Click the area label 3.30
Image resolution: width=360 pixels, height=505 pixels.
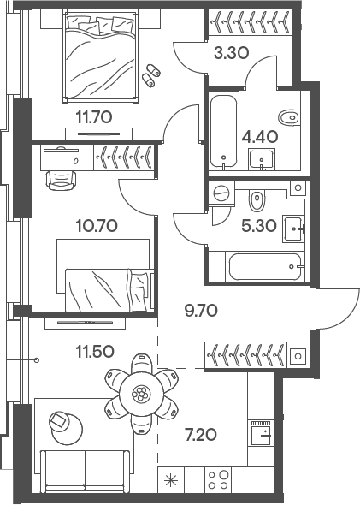(x=230, y=52)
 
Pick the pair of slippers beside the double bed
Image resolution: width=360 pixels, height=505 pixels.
(x=153, y=74)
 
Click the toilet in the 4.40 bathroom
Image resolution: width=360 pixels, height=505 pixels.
(x=288, y=116)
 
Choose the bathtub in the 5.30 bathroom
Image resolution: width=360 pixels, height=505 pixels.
(x=265, y=266)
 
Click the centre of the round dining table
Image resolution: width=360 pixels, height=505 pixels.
(x=140, y=395)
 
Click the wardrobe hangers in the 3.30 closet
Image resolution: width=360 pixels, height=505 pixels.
(x=249, y=19)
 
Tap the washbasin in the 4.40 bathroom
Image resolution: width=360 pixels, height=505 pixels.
(x=260, y=158)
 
